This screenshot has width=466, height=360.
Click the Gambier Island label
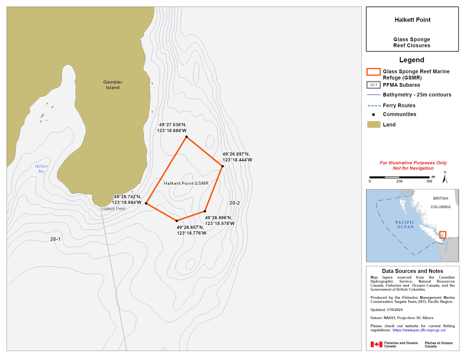(x=113, y=85)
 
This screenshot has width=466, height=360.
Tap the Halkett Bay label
(x=41, y=169)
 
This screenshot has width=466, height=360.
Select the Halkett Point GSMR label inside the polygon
(x=186, y=183)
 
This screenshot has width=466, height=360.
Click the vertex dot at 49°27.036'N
(x=186, y=137)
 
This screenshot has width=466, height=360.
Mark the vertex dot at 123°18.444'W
(x=222, y=166)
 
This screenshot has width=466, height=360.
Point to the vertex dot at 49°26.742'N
(x=146, y=203)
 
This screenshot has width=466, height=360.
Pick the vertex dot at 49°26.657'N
(x=177, y=221)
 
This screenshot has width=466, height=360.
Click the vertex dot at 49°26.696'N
(x=205, y=211)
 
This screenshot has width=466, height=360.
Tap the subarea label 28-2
(x=234, y=203)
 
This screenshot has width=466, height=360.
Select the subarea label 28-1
(x=55, y=239)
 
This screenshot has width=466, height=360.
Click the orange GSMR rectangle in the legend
(x=373, y=72)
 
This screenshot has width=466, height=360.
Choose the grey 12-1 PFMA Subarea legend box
(x=373, y=85)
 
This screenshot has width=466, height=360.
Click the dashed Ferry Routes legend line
(x=374, y=106)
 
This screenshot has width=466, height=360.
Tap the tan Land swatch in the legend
(x=374, y=125)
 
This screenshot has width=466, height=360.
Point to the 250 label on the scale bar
(x=399, y=181)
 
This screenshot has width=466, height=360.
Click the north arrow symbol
(x=445, y=179)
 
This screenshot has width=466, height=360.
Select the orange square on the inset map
(x=442, y=235)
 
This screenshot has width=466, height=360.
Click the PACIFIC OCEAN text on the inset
(x=405, y=225)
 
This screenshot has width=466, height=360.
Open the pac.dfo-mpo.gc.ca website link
(x=419, y=330)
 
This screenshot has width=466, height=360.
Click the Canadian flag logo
(x=376, y=344)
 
